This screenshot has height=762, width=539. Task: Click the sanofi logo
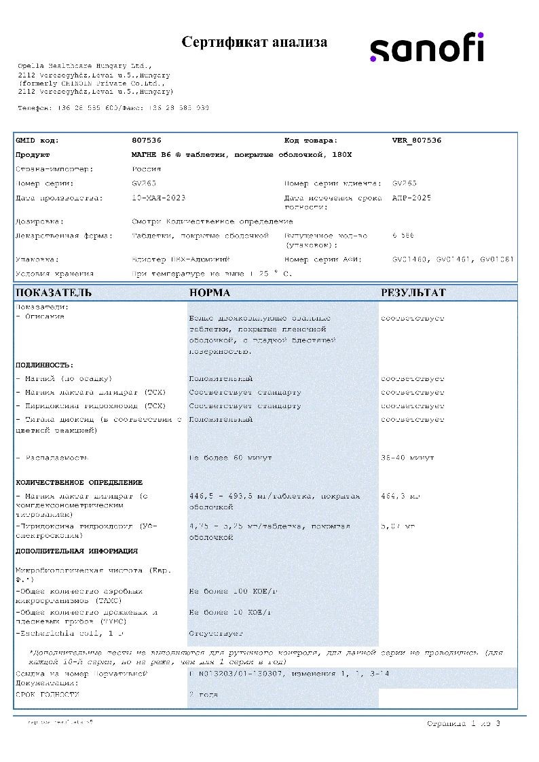pyautogui.click(x=426, y=49)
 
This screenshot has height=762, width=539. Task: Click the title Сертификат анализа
pyautogui.click(x=255, y=42)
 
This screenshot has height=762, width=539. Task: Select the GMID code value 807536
pyautogui.click(x=146, y=141)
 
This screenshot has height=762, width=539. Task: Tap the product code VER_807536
pyautogui.click(x=416, y=141)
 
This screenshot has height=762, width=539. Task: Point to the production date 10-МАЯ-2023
pyautogui.click(x=158, y=198)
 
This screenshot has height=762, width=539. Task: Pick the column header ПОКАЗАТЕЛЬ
pyautogui.click(x=54, y=293)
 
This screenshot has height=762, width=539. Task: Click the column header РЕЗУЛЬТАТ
pyautogui.click(x=413, y=293)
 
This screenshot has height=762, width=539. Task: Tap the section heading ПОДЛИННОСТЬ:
pyautogui.click(x=44, y=365)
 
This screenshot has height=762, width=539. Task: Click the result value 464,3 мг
pyautogui.click(x=401, y=496)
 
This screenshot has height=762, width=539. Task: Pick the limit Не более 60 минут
pyautogui.click(x=230, y=458)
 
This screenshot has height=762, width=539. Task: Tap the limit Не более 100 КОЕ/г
pyautogui.click(x=229, y=592)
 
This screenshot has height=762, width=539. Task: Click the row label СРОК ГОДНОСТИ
pyautogui.click(x=48, y=695)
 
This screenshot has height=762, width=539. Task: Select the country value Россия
pyautogui.click(x=146, y=169)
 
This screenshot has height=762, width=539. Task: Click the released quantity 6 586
pyautogui.click(x=403, y=236)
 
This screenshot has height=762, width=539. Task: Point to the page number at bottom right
pyautogui.click(x=464, y=724)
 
